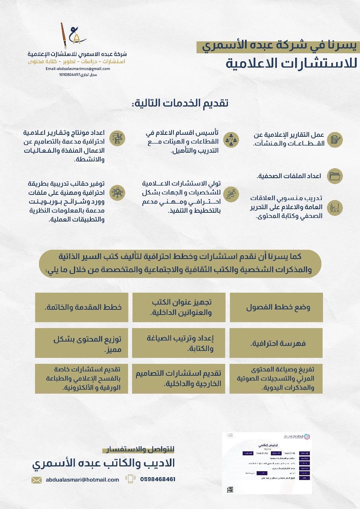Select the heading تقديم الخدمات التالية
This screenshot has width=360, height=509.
click(179, 103)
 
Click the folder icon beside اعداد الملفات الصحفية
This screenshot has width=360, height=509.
click(335, 176)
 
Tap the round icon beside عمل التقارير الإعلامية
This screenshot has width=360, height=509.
click(335, 140)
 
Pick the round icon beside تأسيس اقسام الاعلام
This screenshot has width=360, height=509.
click(231, 140)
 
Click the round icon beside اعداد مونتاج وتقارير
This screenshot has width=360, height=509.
click(117, 138)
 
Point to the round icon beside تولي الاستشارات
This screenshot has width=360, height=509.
click(231, 194)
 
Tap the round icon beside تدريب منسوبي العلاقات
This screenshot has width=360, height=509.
click(335, 208)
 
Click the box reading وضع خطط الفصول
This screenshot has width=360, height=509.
click(276, 307)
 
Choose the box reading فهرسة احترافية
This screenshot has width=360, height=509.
click(276, 343)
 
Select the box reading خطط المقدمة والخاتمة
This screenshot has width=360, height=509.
click(82, 307)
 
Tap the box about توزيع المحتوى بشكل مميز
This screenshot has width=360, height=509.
click(82, 343)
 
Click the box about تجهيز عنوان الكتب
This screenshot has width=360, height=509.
click(179, 307)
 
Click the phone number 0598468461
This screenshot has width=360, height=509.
click(158, 479)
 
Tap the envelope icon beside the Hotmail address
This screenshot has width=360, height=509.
click(37, 480)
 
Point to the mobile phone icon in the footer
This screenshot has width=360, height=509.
click(130, 479)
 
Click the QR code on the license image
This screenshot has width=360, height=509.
click(230, 489)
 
